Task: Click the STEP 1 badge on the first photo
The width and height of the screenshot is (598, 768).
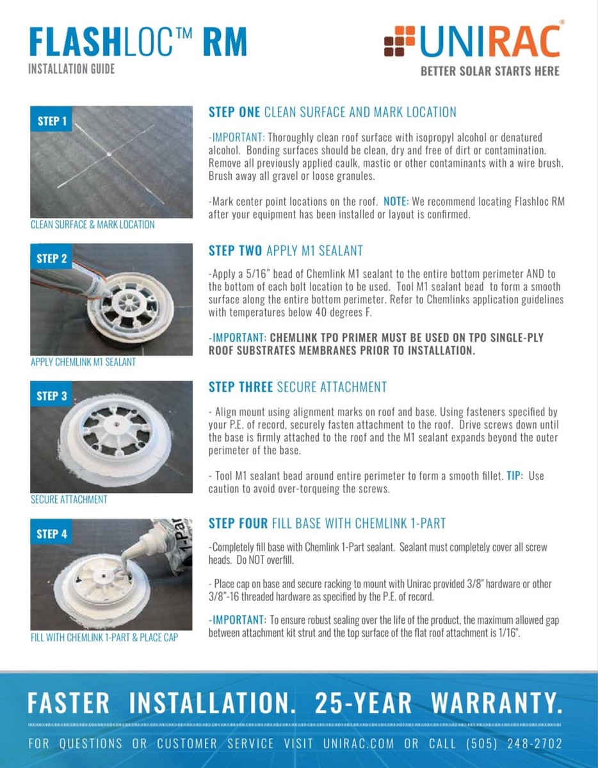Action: pyautogui.click(x=52, y=121)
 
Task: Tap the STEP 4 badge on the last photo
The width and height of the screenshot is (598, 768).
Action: pyautogui.click(x=52, y=534)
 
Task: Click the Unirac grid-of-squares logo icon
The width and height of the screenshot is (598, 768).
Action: pyautogui.click(x=399, y=41)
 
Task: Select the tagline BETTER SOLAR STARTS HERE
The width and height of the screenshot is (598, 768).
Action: pyautogui.click(x=490, y=71)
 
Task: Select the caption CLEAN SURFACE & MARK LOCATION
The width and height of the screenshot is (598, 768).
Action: pyautogui.click(x=93, y=225)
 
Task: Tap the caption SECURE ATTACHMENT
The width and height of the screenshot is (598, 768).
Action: pyautogui.click(x=69, y=499)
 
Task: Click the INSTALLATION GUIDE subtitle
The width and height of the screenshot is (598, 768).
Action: pyautogui.click(x=72, y=68)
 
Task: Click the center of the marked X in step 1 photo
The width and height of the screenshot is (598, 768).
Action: pyautogui.click(x=110, y=154)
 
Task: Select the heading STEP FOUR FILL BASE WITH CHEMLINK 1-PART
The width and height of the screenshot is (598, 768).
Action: pyautogui.click(x=327, y=524)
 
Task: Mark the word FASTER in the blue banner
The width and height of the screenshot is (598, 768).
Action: pyautogui.click(x=69, y=703)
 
